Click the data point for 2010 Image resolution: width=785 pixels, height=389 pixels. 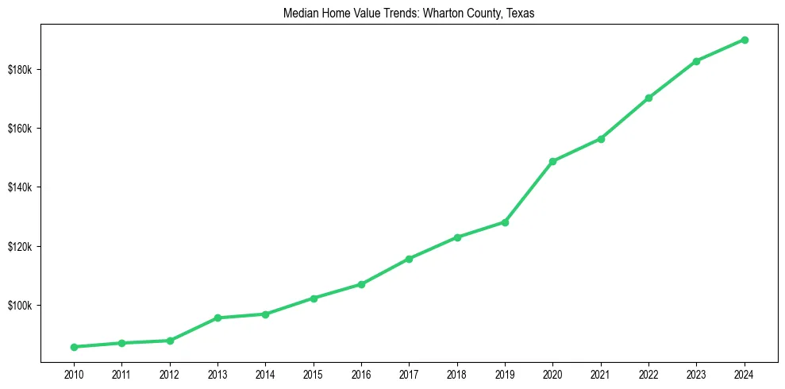74,347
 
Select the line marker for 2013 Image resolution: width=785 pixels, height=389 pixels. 217,318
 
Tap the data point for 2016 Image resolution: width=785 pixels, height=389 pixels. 361,284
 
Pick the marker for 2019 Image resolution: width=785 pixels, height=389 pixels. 505,222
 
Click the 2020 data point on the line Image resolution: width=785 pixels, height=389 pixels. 552,161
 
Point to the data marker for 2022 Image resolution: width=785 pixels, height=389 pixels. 648,98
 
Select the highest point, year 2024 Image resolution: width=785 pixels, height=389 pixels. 745,40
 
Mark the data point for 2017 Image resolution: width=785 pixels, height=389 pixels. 409,259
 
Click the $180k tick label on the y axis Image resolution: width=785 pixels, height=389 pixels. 20,70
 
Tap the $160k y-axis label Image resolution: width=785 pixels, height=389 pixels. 20,129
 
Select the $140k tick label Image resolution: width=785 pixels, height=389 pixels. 20,187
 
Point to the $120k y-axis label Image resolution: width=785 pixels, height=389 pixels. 20,247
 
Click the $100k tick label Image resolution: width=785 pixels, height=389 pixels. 20,306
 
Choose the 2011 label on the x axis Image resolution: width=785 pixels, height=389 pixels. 121,374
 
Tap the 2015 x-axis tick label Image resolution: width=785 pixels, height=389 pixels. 314,374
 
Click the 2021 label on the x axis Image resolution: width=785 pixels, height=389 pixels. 601,374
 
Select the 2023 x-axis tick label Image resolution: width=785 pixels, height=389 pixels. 697,374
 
